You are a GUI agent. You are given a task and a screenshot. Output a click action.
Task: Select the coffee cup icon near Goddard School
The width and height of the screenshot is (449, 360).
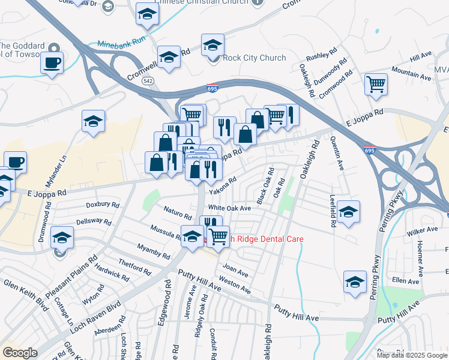(x=52, y=62)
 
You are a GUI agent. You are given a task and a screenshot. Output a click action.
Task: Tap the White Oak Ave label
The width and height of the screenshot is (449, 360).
(x=229, y=208)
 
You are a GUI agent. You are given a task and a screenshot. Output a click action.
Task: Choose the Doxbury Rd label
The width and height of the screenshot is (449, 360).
(x=99, y=205)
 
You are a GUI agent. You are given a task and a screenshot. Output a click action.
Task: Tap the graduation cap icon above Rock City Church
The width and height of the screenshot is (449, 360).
(x=212, y=45)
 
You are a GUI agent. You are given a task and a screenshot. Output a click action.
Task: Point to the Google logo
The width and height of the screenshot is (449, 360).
(x=19, y=353)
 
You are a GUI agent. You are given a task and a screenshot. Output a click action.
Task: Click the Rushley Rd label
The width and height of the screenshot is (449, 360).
(x=319, y=56)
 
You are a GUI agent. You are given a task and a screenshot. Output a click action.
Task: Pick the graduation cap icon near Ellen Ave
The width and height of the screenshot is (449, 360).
(x=355, y=282)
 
